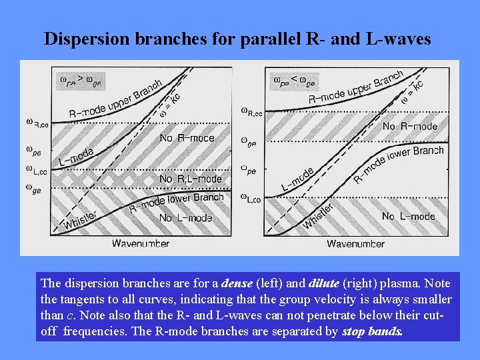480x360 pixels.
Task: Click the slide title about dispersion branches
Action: (x=237, y=39)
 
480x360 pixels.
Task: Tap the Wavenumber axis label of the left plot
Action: (x=140, y=243)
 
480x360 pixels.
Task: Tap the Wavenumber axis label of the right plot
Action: (x=355, y=243)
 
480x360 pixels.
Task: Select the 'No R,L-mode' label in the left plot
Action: (x=190, y=179)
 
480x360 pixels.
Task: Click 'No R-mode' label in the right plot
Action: (x=409, y=126)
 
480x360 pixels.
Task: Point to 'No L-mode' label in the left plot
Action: (x=186, y=218)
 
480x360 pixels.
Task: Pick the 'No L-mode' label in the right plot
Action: (x=408, y=216)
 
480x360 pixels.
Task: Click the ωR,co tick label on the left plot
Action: (x=37, y=123)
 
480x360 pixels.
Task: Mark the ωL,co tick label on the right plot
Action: (x=251, y=198)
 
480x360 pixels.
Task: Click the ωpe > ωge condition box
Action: (x=80, y=80)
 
